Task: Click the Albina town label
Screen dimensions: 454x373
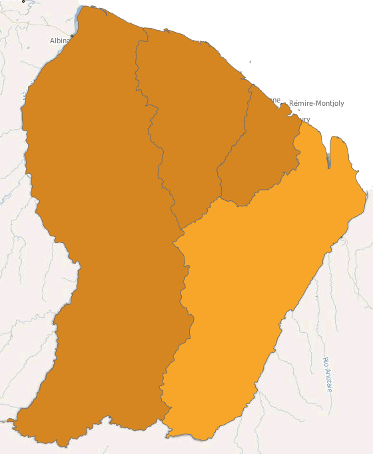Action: coord(59,41)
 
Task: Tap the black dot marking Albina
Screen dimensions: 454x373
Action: coord(72,35)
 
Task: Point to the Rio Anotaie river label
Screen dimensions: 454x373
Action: coord(326,375)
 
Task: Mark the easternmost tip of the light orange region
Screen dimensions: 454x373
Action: coord(367,194)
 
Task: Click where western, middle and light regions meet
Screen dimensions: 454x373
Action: coord(181,232)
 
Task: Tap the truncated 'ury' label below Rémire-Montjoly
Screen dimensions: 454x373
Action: coord(304,120)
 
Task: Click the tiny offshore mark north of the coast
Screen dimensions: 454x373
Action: coord(250,61)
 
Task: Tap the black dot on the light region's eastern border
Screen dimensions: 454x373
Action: coord(342,236)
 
